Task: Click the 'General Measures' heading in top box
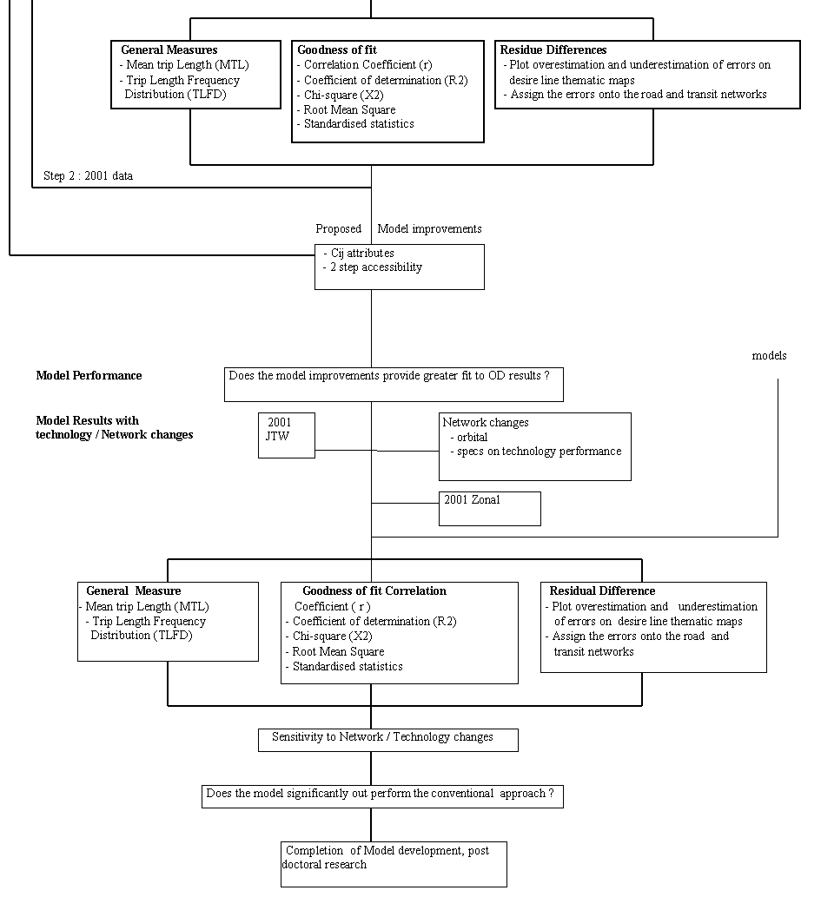(169, 49)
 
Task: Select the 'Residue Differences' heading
(553, 49)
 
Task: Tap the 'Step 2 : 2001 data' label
(88, 175)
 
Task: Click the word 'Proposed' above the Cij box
(338, 229)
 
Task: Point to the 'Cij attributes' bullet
(359, 253)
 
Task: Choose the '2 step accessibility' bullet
(373, 267)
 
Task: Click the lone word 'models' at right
(769, 355)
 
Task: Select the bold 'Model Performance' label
(89, 375)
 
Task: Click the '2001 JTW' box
(286, 435)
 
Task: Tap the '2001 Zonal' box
(489, 509)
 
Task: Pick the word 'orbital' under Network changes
(473, 437)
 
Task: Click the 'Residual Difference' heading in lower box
(602, 591)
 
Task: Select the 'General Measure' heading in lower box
(134, 591)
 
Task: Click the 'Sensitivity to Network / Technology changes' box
(388, 740)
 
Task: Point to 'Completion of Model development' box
(394, 864)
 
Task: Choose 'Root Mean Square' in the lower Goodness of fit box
(335, 651)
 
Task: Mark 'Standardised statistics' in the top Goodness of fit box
(355, 123)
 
